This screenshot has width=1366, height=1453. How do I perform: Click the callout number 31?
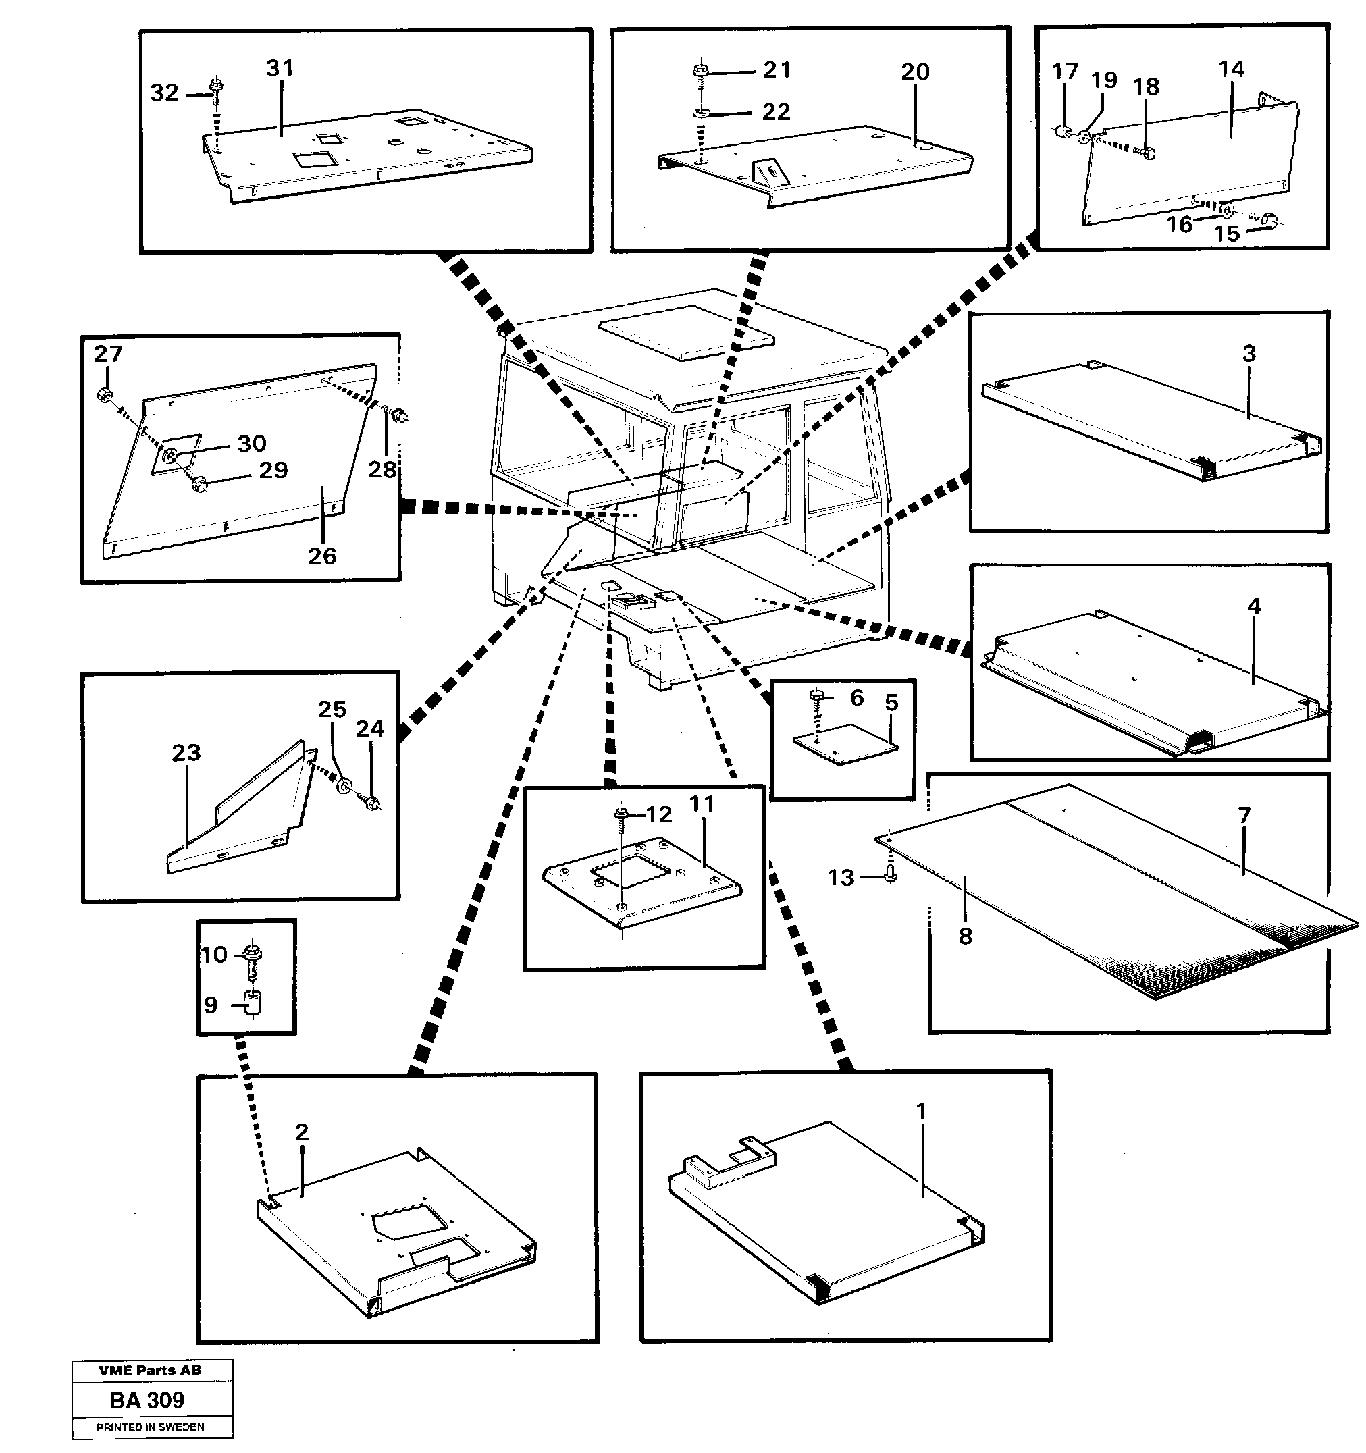tap(279, 68)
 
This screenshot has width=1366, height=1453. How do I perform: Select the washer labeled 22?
tap(702, 113)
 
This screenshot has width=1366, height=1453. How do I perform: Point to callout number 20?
tap(914, 72)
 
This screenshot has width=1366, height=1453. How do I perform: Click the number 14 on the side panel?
tap(1231, 70)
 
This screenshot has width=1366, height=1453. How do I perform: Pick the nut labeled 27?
tap(105, 396)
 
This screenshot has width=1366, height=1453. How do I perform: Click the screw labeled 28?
tap(399, 417)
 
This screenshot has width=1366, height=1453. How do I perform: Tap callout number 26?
tap(321, 556)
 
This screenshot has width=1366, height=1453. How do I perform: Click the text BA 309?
tap(147, 1400)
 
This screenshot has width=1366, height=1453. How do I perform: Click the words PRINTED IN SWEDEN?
tap(151, 1427)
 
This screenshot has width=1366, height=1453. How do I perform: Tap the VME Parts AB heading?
tap(150, 1371)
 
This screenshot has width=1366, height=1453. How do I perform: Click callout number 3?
tap(1249, 354)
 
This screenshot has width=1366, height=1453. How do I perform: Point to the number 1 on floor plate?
tap(921, 1111)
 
